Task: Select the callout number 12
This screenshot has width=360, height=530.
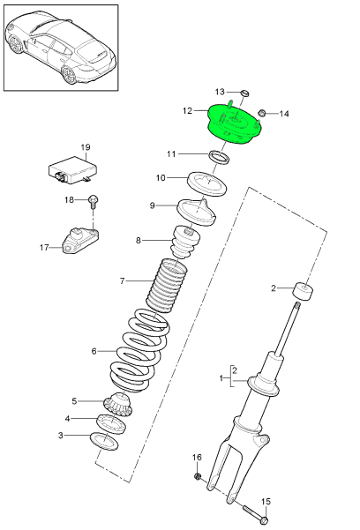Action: [187, 111]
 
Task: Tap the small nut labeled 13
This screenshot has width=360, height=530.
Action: [246, 93]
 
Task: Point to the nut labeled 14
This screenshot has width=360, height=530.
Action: [262, 113]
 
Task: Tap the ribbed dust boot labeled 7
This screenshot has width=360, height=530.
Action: [168, 284]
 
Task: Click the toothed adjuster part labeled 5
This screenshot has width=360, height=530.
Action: [118, 404]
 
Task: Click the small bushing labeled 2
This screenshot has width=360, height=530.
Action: [304, 290]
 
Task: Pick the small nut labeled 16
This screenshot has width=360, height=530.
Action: [199, 477]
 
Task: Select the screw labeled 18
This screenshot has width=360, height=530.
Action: [94, 202]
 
